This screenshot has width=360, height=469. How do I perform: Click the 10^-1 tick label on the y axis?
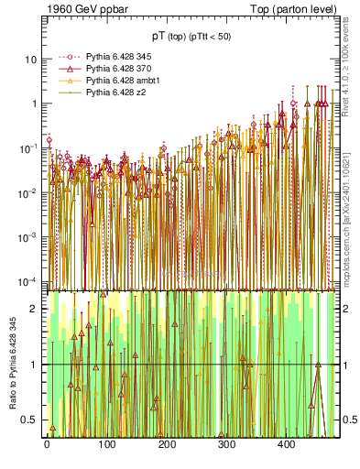point(27,147)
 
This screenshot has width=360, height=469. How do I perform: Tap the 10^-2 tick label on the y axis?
point(27,191)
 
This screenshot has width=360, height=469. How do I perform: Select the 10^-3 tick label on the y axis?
point(27,236)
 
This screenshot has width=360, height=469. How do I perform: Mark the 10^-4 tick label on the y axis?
point(27,280)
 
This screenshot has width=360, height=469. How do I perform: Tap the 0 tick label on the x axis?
point(47,445)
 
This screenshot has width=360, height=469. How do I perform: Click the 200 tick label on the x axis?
point(167,445)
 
